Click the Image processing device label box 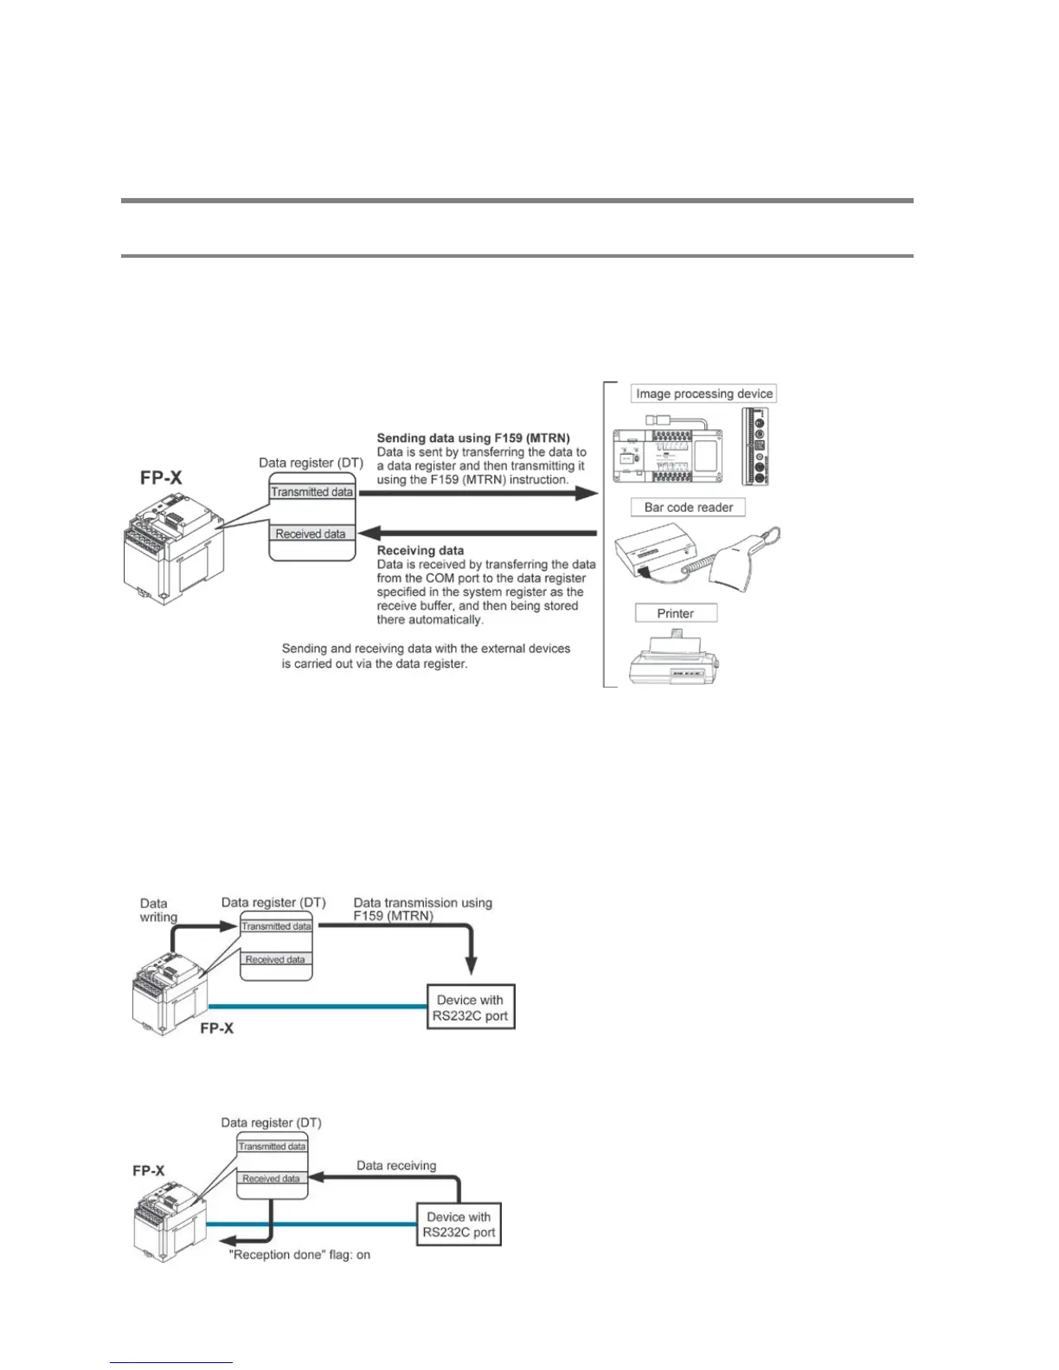[703, 394]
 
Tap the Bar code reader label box [688, 508]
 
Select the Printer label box [676, 613]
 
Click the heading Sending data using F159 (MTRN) [473, 439]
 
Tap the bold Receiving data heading [420, 551]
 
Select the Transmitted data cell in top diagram [312, 492]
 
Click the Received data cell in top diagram [311, 535]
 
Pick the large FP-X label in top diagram [161, 478]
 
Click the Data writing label [157, 910]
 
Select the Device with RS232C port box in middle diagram [472, 1008]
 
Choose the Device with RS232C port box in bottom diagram [459, 1225]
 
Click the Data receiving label [396, 1166]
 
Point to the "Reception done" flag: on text [299, 1255]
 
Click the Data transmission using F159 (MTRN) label [422, 909]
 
